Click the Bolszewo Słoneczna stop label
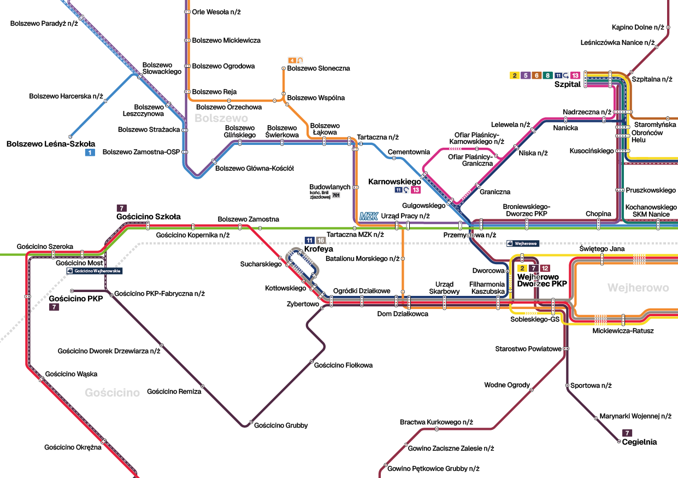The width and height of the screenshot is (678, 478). pos(319,68)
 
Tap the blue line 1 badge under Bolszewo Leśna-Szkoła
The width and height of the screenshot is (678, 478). pos(90,152)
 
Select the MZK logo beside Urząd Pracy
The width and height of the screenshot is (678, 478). pos(369,216)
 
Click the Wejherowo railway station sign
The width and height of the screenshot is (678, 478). pos(523,243)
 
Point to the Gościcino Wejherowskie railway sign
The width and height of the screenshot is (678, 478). pos(95,271)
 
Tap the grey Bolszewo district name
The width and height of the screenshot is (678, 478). pos(221,118)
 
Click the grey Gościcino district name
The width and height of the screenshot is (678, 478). pos(113,392)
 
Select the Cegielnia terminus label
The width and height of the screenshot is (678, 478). pos(639,442)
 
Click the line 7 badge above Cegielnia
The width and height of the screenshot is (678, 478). pos(627,433)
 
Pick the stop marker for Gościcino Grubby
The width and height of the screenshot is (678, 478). pos(251,422)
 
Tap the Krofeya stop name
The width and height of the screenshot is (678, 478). pos(319,249)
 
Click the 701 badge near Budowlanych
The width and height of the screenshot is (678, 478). pos(336,195)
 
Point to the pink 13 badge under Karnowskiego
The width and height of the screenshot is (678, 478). pos(416,190)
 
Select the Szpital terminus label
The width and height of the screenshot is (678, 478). pos(567,84)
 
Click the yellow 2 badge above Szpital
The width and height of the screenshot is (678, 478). pos(515,75)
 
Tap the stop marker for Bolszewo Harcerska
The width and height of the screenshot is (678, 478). pos(105,101)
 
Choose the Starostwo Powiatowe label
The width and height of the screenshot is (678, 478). pos(528,348)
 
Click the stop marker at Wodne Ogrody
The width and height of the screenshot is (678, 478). pos(532,390)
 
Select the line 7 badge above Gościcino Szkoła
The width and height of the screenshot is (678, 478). pos(122,208)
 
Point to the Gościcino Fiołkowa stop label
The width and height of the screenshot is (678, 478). pos(343,365)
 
